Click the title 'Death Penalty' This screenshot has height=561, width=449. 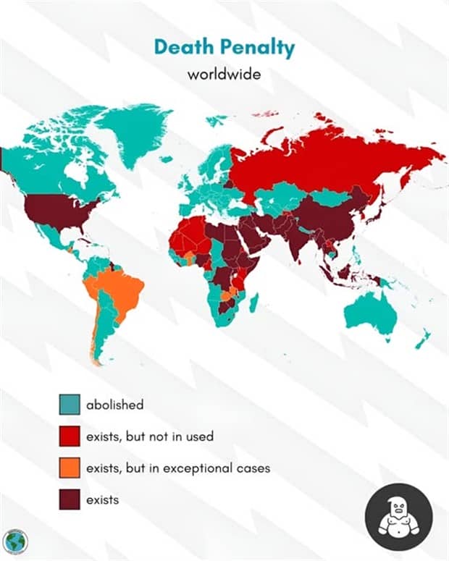pos(224,48)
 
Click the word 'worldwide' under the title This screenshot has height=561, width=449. pos(224,75)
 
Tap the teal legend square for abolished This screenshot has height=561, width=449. pos(69,405)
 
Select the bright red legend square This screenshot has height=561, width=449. pos(69,436)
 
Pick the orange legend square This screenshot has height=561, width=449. pos(69,468)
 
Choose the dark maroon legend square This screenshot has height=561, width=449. pos(69,500)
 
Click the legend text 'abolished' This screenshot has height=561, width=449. pos(114,405)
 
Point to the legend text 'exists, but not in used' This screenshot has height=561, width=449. pos(149,436)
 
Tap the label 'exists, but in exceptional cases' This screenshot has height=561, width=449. pos(177,468)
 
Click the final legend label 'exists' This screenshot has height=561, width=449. pos(102,500)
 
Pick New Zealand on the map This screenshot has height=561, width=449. pos(422,337)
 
